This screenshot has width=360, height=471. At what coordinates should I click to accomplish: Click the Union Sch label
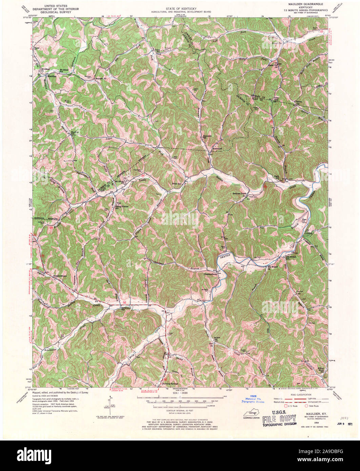[x=157, y=50]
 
